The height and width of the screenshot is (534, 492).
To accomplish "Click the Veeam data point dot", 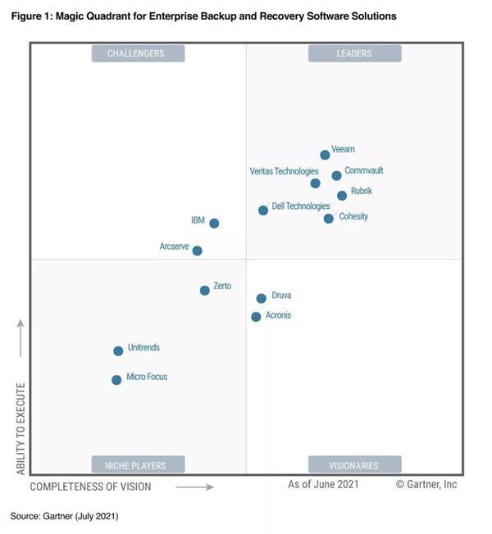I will tap(325, 155).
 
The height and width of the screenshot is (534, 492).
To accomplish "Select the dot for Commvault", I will tap(336, 175).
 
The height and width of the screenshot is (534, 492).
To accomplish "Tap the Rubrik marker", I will tap(342, 196).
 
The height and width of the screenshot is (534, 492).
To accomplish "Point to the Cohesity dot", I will tap(329, 219).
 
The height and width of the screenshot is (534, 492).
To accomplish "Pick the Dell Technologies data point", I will tap(263, 210).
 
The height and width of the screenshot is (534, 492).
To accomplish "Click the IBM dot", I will tap(214, 223).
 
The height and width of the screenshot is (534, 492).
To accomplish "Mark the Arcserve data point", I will tap(197, 251).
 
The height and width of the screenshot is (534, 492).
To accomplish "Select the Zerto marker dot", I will tap(205, 290).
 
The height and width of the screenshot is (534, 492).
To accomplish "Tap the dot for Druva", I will tap(261, 299).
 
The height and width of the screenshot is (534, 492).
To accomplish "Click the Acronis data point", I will tap(256, 317).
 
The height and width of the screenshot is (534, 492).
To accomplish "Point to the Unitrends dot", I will tap(118, 351).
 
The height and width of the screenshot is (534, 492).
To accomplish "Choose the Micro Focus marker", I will tap(116, 380).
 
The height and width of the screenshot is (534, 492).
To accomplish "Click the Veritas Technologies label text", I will tap(284, 172).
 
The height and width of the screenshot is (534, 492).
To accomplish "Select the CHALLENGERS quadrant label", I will tap(137, 54).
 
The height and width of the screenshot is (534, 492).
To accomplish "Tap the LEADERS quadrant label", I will tap(354, 54).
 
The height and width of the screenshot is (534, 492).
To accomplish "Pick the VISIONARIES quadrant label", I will tap(354, 465).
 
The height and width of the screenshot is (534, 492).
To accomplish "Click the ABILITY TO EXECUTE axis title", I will tap(20, 428).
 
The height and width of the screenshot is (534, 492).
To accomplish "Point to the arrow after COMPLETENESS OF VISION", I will tap(195, 487).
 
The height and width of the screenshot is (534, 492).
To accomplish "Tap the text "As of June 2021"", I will tap(323, 485).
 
